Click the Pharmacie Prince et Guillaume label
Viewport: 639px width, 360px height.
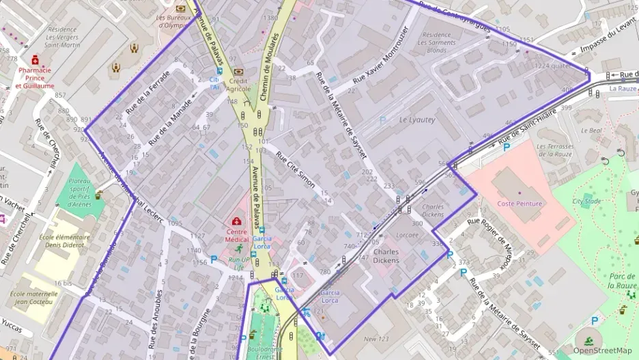(x=35, y=78)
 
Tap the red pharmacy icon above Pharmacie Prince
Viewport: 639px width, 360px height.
(x=35, y=60)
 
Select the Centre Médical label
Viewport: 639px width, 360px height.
(x=236, y=235)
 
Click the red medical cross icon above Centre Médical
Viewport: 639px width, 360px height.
(x=237, y=222)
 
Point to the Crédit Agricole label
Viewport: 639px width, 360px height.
(x=238, y=84)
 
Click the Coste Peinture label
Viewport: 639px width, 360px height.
(x=520, y=204)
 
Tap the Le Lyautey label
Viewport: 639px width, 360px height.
(x=416, y=120)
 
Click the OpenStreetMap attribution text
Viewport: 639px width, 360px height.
(x=602, y=350)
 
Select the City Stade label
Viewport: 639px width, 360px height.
(x=586, y=202)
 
